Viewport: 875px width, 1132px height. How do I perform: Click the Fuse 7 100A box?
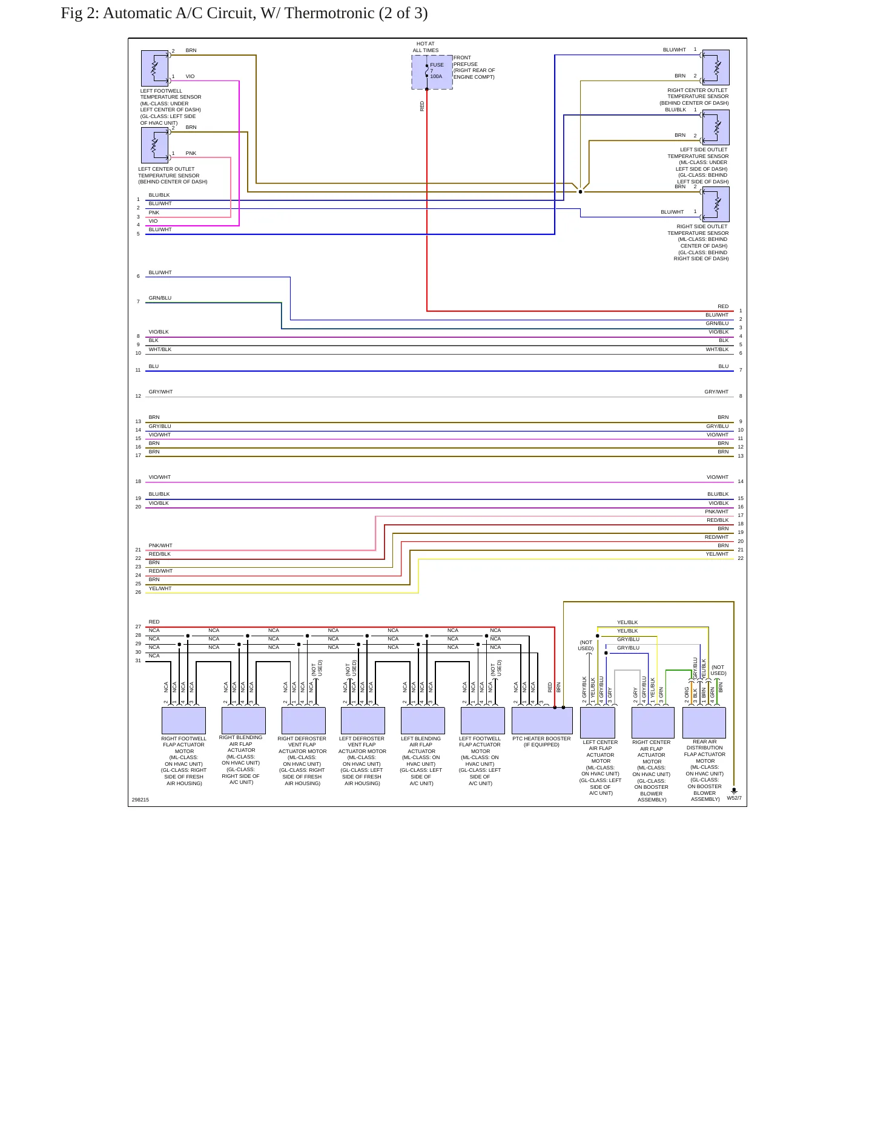pos(432,72)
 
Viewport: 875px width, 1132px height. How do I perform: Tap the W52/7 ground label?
pos(734,798)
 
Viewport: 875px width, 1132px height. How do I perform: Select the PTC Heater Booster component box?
pos(542,720)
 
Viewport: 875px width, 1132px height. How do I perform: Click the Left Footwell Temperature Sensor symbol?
pos(154,68)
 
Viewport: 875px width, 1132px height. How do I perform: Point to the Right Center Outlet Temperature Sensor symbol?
pos(716,67)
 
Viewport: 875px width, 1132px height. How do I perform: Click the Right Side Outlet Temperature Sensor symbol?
pos(716,205)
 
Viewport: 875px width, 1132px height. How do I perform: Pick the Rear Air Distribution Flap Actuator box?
pos(704,722)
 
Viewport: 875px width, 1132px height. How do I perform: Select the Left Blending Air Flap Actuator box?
pos(423,720)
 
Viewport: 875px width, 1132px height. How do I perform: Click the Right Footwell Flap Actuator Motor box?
pos(183,720)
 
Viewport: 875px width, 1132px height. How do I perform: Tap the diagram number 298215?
pos(140,800)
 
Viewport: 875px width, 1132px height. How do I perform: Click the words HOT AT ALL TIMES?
pos(426,47)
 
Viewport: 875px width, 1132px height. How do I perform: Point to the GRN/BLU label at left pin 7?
pos(160,298)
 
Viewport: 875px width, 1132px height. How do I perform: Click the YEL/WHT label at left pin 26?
pos(160,588)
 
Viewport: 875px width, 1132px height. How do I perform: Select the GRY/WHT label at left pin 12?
pos(160,392)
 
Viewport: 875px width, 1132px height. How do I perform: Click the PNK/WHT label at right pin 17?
pos(717,512)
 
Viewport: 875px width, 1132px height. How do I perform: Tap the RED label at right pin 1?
pos(723,306)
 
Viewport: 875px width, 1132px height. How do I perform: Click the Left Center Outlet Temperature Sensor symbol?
pos(154,145)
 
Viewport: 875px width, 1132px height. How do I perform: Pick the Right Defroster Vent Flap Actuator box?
pos(303,720)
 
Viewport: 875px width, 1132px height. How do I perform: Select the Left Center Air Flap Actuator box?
pos(598,722)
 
